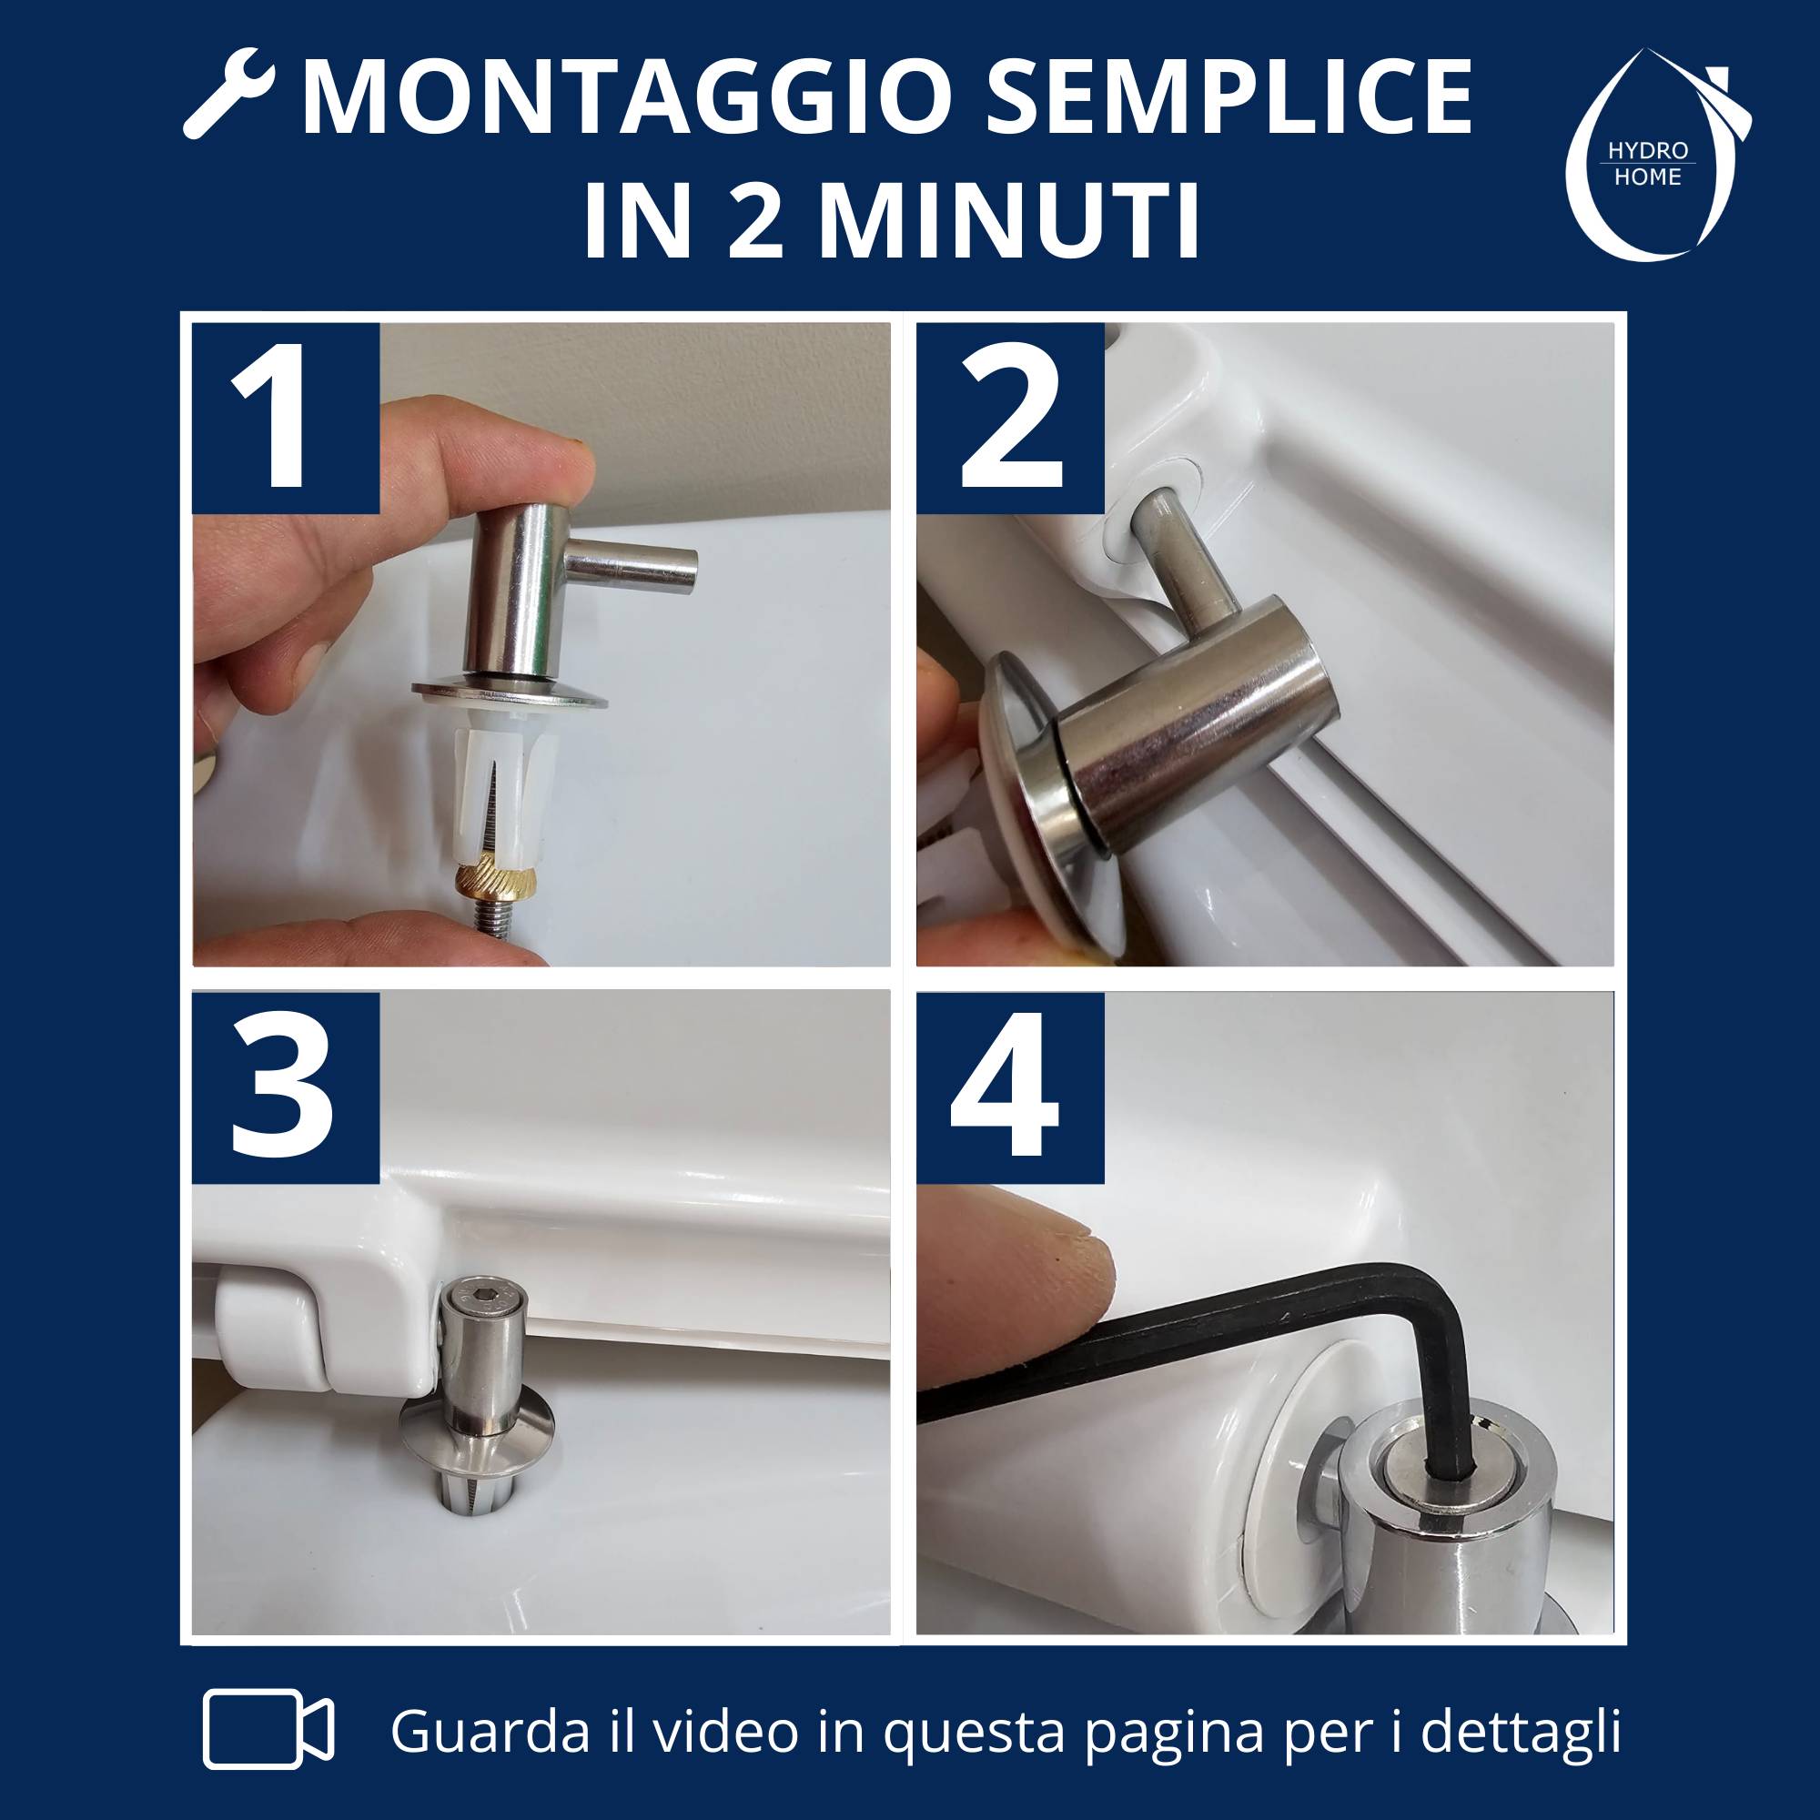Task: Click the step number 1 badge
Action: tap(287, 418)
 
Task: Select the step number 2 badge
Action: tap(1010, 418)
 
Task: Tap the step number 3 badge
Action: tap(287, 1087)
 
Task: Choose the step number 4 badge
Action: tap(1010, 1087)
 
